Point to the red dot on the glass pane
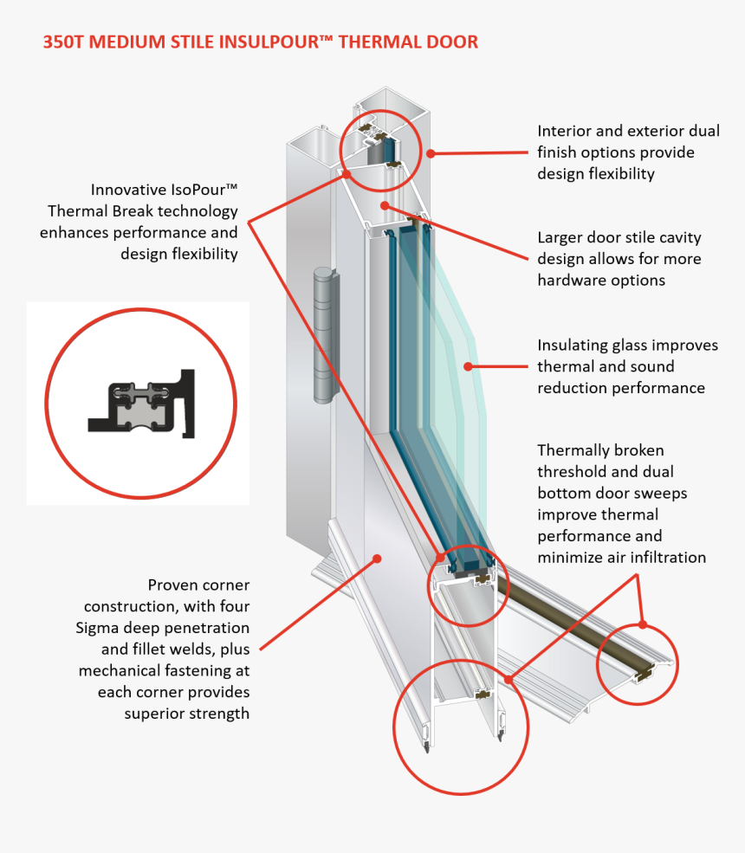468,366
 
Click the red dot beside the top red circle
431,153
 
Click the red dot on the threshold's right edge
642,624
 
